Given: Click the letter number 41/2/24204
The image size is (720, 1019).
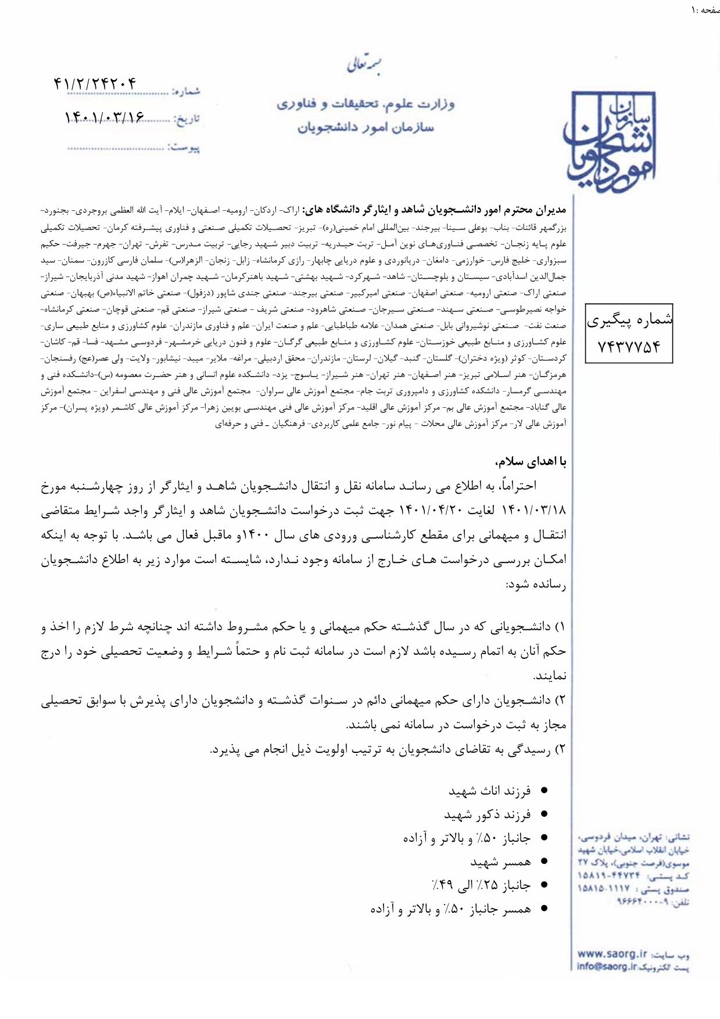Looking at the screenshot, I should pos(95,84).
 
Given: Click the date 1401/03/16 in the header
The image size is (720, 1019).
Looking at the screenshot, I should pos(105,117).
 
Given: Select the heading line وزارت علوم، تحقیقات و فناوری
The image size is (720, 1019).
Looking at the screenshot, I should pos(366,105).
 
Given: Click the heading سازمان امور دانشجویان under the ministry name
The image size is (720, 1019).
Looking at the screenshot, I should pos(366,127).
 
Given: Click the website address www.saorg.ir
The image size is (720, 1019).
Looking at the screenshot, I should pos(612,954).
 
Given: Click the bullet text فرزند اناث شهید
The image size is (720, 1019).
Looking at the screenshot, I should pos(489,791).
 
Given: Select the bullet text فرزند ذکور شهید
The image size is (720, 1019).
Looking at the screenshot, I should pos(487,815).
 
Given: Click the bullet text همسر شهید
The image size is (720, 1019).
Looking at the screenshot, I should pos(500,862).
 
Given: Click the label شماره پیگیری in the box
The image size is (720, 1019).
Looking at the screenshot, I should pos(629,320).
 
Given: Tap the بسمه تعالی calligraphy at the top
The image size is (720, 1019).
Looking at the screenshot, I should pos(365,64).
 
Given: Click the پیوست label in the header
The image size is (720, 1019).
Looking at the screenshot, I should pos(184,148).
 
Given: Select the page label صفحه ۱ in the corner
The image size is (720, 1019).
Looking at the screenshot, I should pos(705,10).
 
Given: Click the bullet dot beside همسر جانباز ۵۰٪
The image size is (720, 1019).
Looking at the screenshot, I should pos(544,909).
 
